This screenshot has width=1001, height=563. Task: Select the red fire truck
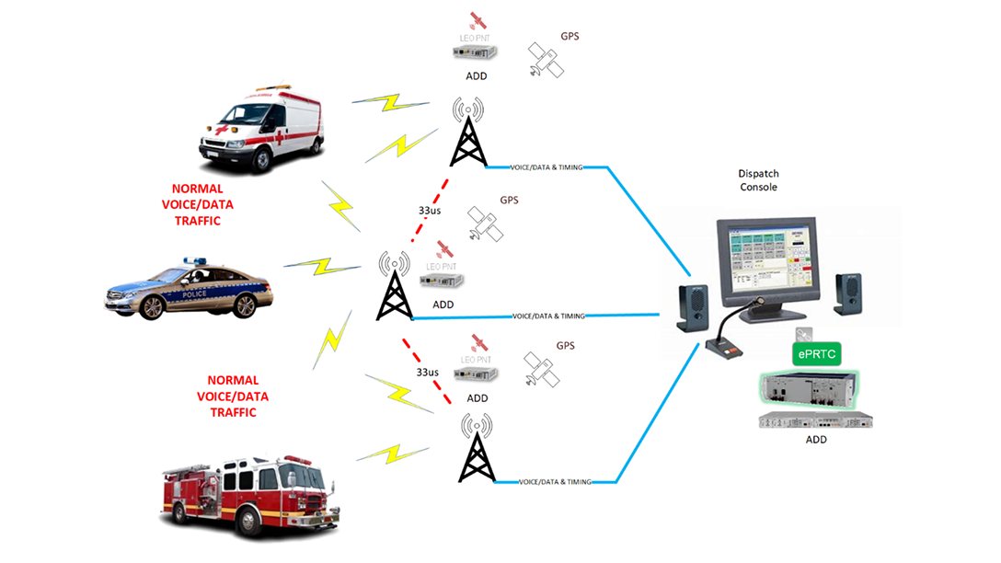(x=246, y=496)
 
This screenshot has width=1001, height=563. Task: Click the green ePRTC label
(x=817, y=353)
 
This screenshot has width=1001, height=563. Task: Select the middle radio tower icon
(x=395, y=286)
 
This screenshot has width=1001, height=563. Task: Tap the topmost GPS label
(x=569, y=37)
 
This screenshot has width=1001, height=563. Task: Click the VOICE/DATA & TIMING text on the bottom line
(x=554, y=482)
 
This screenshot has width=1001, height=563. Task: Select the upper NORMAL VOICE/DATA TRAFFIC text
(x=190, y=205)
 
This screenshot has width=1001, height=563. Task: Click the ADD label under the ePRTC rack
(x=815, y=440)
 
